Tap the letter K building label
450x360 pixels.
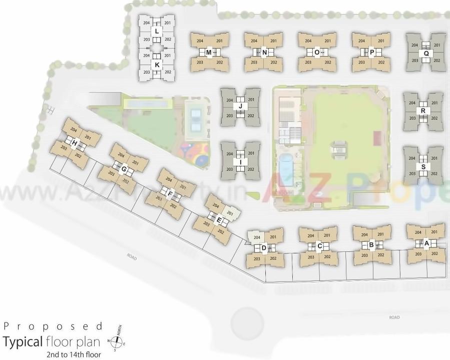click(157, 65)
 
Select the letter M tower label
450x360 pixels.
click(209, 52)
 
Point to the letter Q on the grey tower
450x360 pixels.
click(426, 53)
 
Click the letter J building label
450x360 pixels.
click(241, 106)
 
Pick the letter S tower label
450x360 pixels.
click(423, 167)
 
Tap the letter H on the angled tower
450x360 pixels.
click(75, 144)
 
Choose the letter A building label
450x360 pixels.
click(426, 244)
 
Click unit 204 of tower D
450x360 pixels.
click(256, 237)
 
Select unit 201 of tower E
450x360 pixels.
click(230, 213)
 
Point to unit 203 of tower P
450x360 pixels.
click(362, 62)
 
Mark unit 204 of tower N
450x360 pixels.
click(254, 41)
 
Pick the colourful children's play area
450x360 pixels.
click(194, 152)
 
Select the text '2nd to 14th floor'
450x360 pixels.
click(73, 354)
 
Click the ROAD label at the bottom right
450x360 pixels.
click(395, 317)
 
